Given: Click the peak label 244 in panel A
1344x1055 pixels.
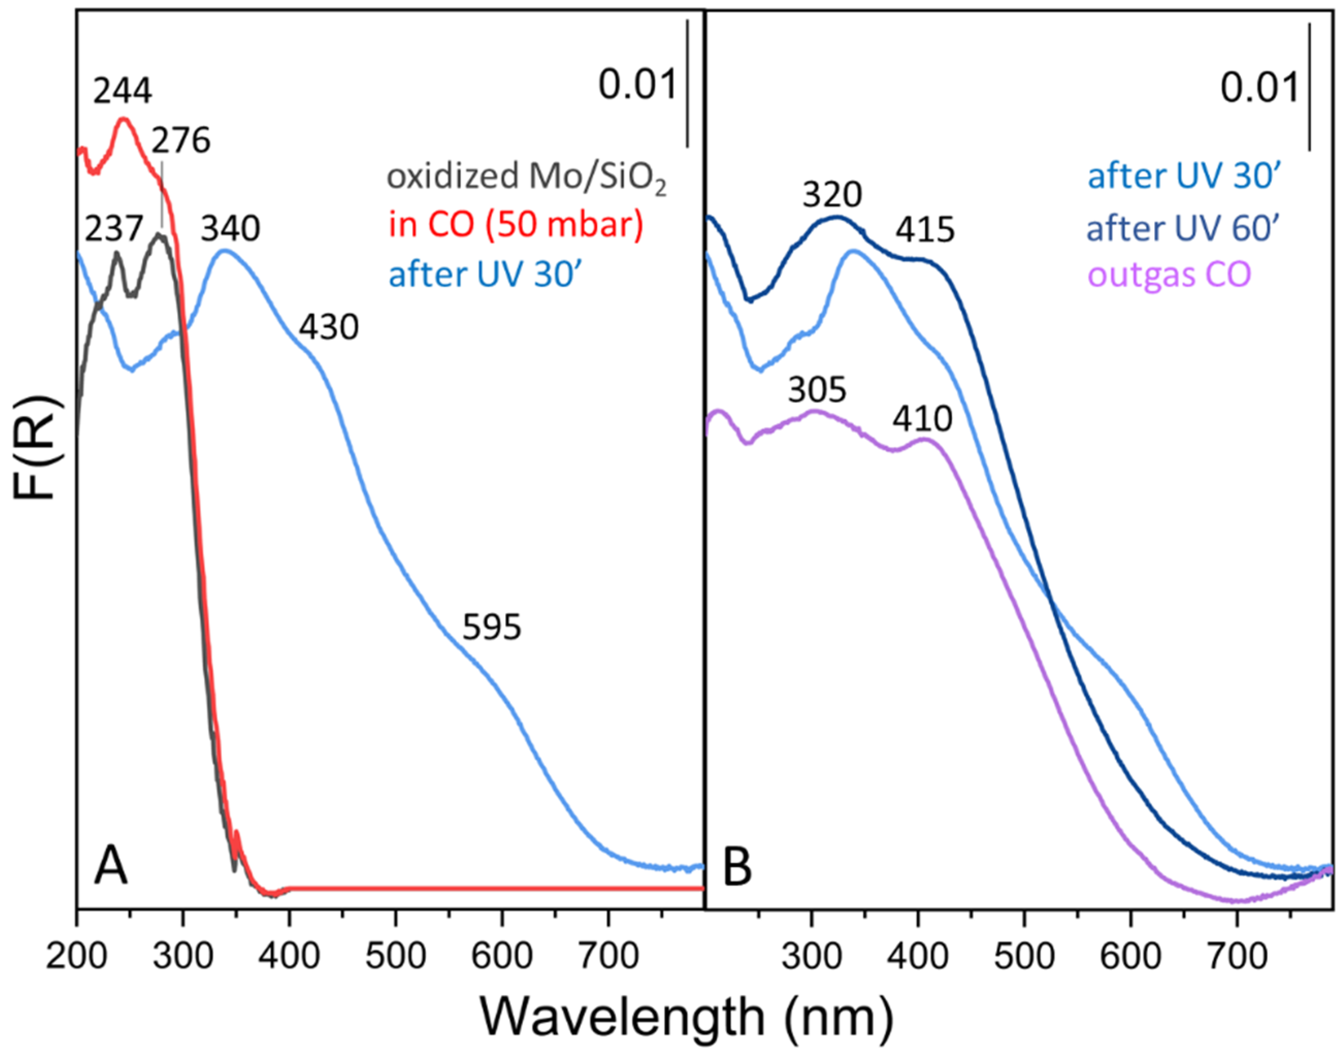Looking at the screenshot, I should click(122, 92).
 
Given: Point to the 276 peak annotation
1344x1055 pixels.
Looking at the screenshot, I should click(181, 141).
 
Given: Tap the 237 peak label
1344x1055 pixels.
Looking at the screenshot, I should click(113, 229).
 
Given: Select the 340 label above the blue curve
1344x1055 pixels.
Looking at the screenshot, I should click(231, 229).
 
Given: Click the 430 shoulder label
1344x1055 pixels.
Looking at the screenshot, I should click(329, 328).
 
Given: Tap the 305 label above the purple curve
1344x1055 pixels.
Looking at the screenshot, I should click(817, 391).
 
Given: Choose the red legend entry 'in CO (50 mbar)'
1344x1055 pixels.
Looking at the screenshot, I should click(516, 225).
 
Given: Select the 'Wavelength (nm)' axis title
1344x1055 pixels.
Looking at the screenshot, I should click(686, 1017).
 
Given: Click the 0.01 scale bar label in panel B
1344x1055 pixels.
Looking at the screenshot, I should click(1259, 88).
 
